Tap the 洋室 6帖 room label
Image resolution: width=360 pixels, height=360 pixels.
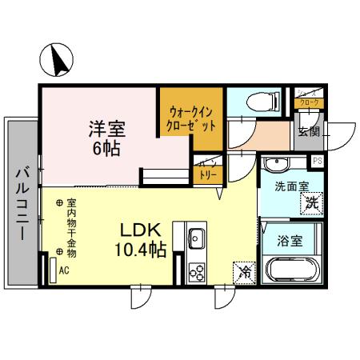click(106, 138)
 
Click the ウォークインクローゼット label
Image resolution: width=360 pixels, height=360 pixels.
click(190, 119)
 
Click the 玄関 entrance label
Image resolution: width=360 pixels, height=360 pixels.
click(308, 131)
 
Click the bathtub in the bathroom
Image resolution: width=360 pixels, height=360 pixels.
click(291, 270)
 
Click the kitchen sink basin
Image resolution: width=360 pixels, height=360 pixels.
click(196, 238)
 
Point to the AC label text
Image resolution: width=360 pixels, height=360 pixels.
click(63, 270)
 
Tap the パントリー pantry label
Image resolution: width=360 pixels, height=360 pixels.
click(207, 171)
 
